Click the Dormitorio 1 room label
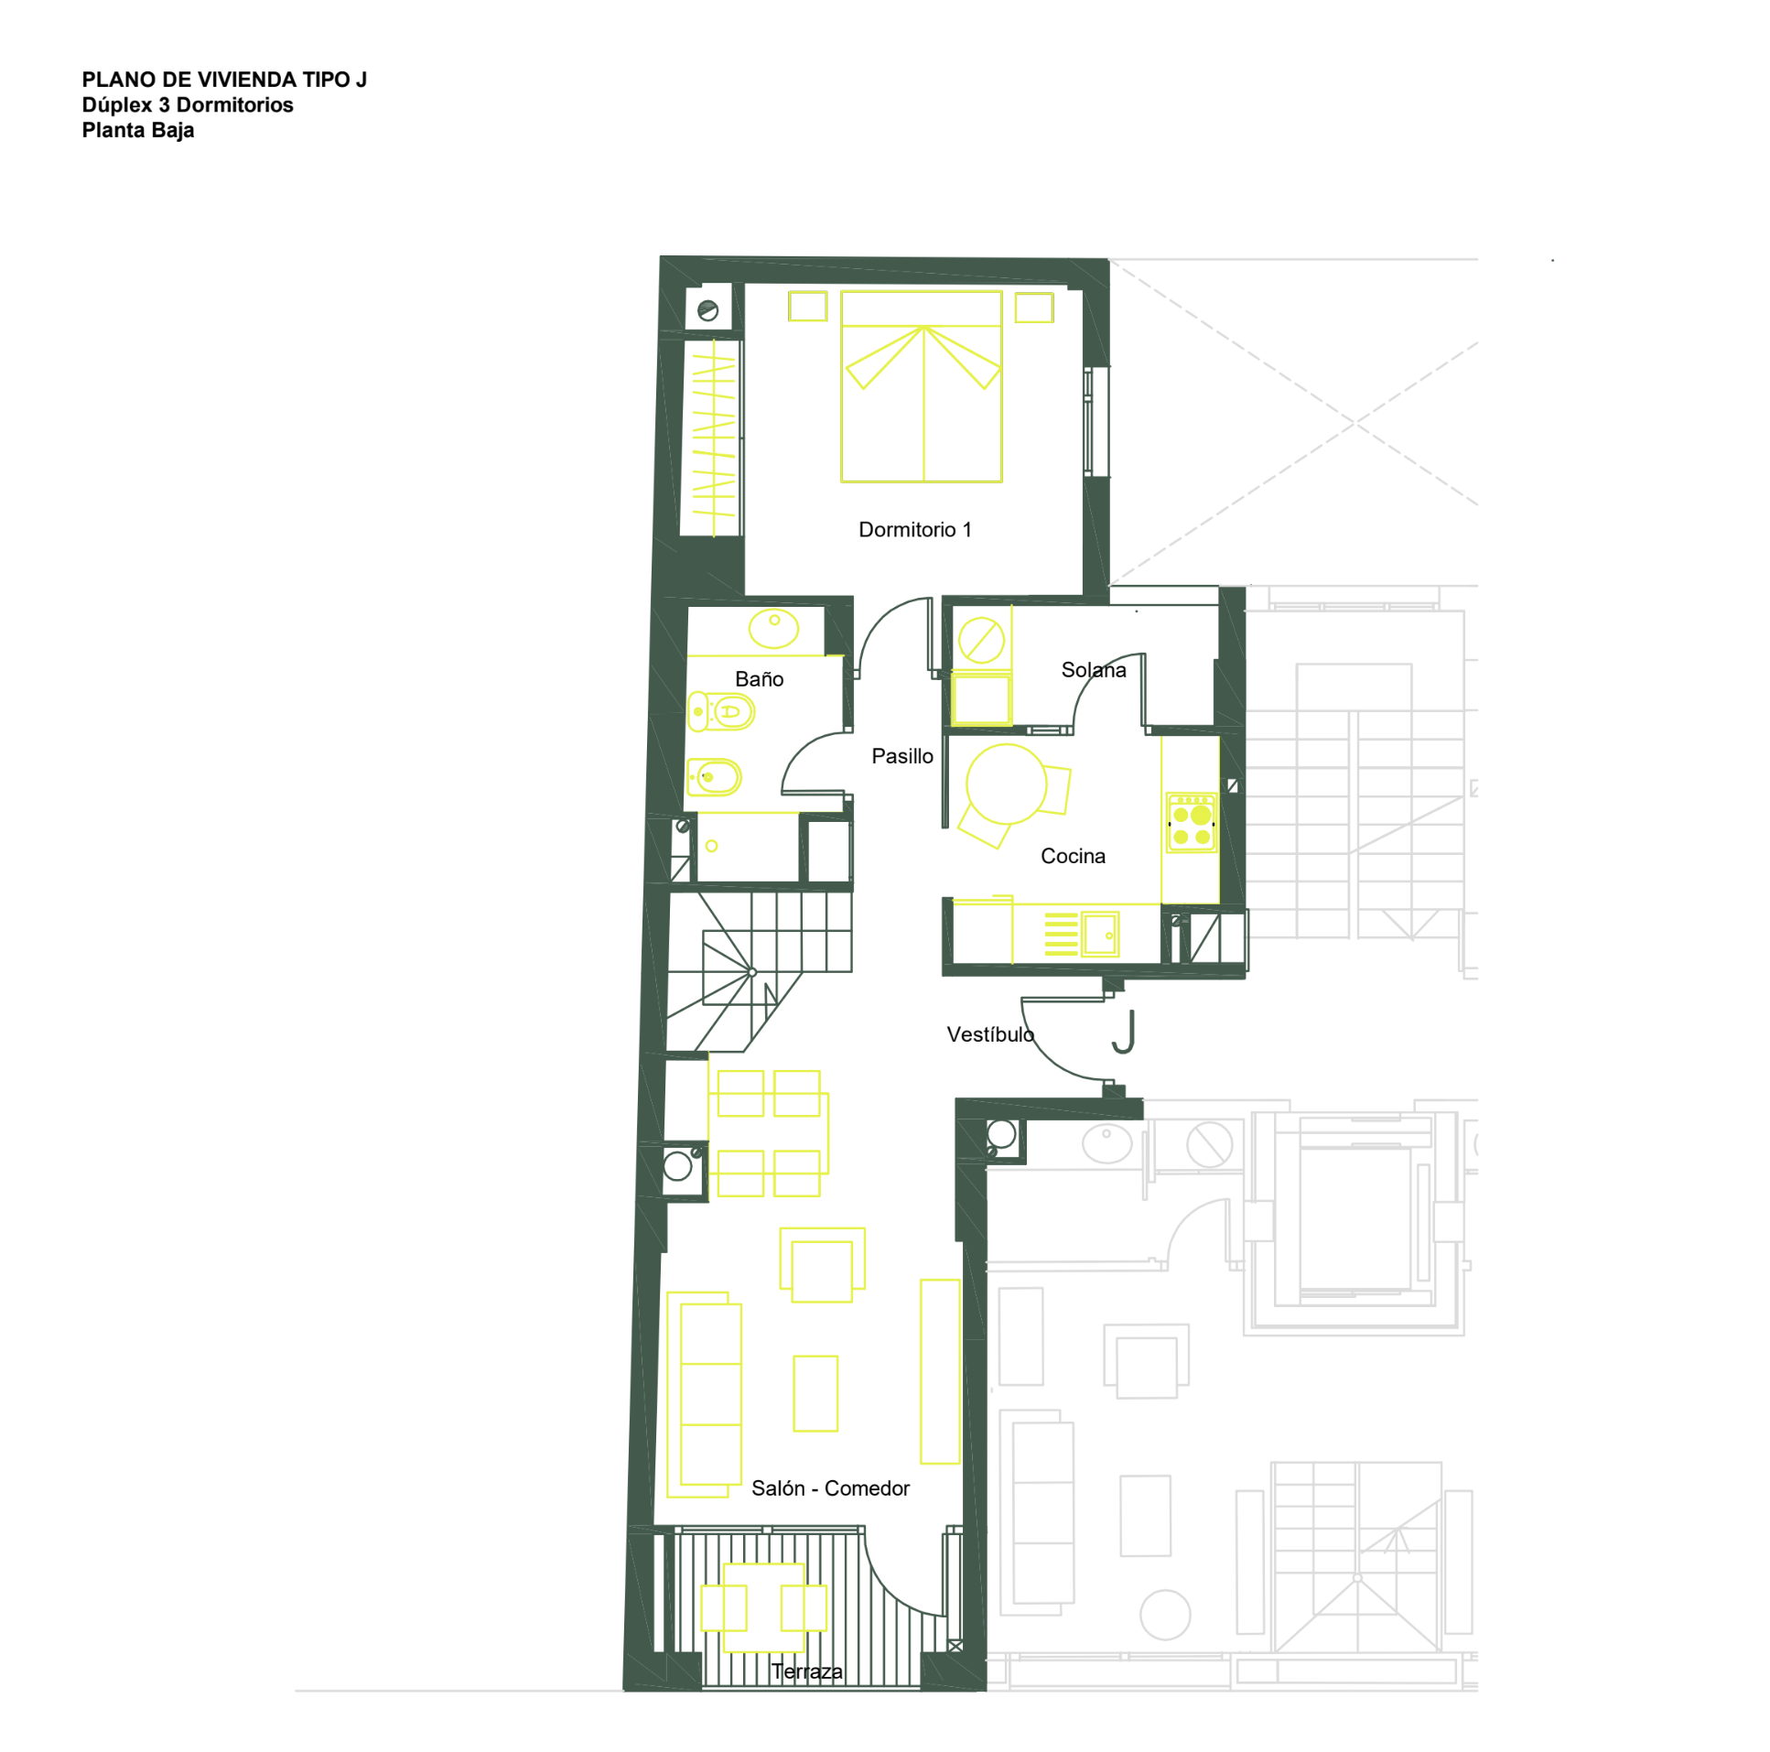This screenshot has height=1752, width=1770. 914,530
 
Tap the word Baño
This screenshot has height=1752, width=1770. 759,679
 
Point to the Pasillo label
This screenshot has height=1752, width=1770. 901,756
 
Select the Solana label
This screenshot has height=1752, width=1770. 1093,670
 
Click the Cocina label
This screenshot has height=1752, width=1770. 1073,856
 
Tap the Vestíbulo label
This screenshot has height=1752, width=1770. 990,1034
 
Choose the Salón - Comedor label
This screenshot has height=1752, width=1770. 830,1488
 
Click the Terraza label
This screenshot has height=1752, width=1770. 807,1671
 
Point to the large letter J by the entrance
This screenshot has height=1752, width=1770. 1125,1032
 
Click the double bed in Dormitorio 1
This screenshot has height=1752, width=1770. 922,386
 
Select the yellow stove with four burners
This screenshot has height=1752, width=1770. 1191,823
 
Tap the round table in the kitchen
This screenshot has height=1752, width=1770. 1006,784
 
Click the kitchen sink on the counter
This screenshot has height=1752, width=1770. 1099,935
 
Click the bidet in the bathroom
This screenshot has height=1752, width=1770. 714,778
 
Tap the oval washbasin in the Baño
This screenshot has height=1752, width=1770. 773,629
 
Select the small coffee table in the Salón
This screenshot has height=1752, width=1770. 815,1393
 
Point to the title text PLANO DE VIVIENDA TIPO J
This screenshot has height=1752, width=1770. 224,80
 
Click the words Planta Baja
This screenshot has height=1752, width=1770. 138,130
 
